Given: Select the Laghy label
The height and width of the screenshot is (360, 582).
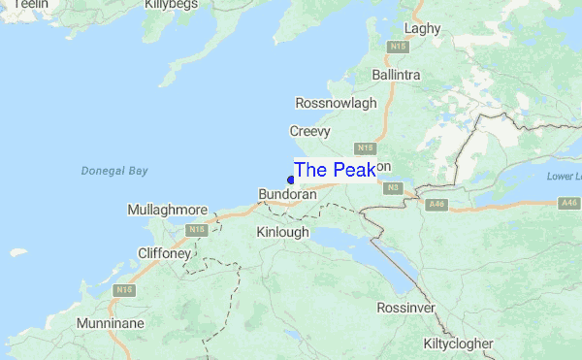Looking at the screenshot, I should [422, 28].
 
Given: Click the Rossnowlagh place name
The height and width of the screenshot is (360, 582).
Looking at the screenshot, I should [335, 103].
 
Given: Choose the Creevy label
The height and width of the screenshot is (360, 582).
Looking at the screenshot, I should [310, 131].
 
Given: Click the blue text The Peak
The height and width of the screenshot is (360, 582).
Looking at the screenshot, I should [335, 170].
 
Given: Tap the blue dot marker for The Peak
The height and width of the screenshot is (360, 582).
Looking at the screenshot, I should [291, 180].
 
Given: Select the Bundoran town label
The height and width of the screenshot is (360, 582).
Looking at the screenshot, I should [288, 195].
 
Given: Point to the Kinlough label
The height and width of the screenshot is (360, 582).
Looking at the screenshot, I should [282, 232].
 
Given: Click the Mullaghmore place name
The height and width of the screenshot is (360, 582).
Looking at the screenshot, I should [167, 210].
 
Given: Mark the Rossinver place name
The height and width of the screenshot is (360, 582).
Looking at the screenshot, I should [406, 308].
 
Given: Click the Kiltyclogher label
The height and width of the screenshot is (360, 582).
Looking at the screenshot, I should [459, 344].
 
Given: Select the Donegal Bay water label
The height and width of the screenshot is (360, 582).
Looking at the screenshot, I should [114, 171].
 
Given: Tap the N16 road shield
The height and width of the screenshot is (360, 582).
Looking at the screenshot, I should [123, 290].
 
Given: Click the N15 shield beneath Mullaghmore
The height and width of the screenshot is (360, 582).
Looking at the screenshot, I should [197, 230].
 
